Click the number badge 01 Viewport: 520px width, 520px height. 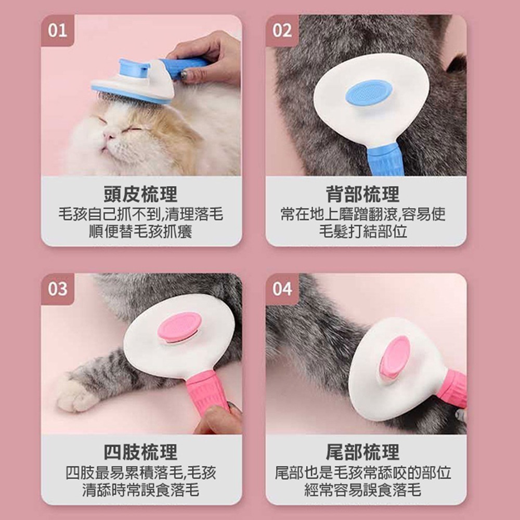(x=57, y=31)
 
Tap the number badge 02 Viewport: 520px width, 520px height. (x=282, y=31)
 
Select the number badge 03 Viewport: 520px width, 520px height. (x=57, y=289)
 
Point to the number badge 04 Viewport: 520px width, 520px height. (x=282, y=289)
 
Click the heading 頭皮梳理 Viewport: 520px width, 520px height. (x=141, y=194)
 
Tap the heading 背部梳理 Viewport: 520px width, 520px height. (x=363, y=194)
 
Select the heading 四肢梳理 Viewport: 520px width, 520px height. (x=141, y=452)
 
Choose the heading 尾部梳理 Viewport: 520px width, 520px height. (x=363, y=452)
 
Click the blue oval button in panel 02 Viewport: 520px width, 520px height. (x=369, y=92)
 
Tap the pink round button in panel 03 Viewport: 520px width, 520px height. (x=179, y=327)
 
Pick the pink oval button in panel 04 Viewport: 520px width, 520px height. (x=395, y=357)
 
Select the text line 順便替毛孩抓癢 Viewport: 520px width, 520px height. (x=140, y=231)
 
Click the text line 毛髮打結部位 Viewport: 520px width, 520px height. (x=363, y=231)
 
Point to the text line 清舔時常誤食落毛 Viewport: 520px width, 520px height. (x=140, y=489)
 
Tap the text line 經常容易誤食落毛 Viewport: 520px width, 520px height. (x=363, y=489)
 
